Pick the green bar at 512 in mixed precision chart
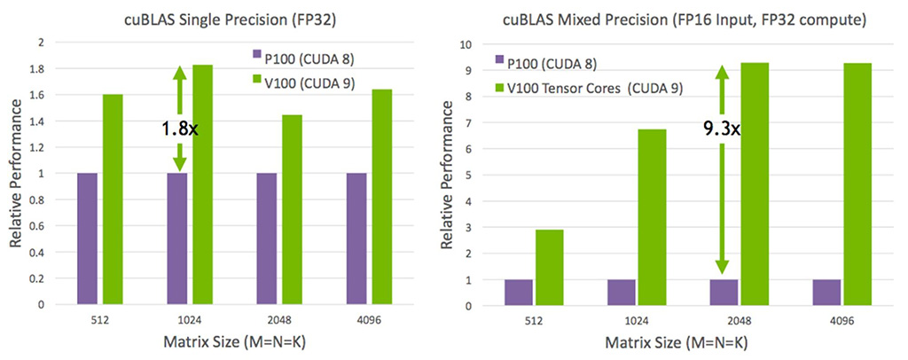(x=549, y=267)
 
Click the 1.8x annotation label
(x=179, y=129)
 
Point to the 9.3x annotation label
(x=722, y=129)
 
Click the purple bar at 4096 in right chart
(x=826, y=292)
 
